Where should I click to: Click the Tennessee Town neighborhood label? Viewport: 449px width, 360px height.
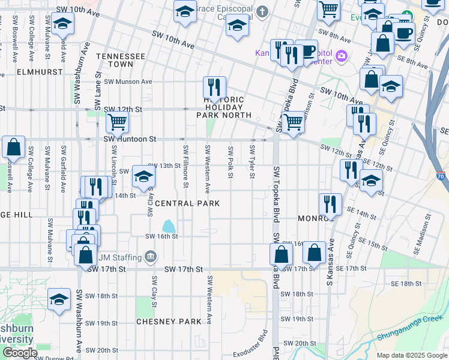[x=124, y=59]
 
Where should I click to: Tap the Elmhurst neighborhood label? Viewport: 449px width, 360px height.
[x=23, y=71]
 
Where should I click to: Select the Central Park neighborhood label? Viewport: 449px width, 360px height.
[x=187, y=203]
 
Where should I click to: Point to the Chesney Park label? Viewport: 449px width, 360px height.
[x=169, y=322]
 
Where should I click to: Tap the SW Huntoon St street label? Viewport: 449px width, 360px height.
[x=130, y=139]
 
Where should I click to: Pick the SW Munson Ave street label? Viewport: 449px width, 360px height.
[x=128, y=82]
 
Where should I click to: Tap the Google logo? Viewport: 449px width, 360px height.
[x=19, y=353]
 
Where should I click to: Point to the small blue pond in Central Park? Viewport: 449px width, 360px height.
[x=169, y=226]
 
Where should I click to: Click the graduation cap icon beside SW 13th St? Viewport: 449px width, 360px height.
[x=143, y=176]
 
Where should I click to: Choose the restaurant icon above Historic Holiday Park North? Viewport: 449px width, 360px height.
[x=214, y=86]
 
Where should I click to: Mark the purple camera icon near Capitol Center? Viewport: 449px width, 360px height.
[x=342, y=56]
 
